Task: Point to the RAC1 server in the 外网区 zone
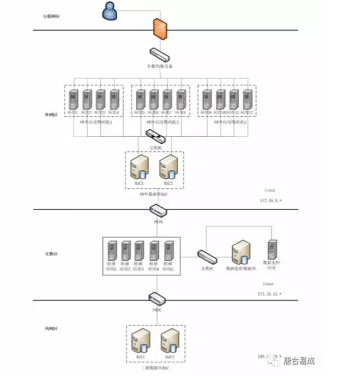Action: [139, 167]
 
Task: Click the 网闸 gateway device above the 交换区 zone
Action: [159, 210]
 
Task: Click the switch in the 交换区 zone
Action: [207, 256]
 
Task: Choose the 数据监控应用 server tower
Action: [272, 250]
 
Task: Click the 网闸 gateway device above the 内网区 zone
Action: [158, 299]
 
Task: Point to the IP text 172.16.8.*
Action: [271, 200]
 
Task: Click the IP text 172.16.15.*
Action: [270, 293]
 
